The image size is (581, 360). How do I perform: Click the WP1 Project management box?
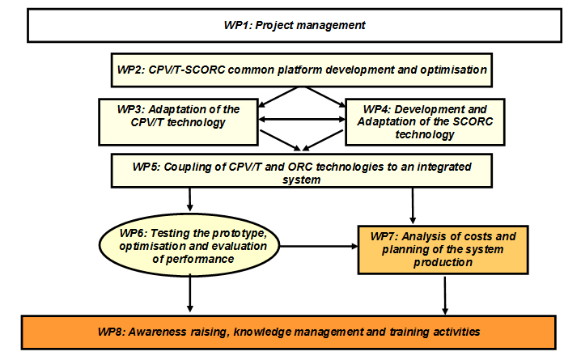[295, 26]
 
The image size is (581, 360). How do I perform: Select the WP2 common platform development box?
[302, 70]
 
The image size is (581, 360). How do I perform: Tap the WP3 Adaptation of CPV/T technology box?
[178, 122]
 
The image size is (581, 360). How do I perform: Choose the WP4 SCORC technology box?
[425, 122]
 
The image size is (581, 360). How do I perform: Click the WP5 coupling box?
[302, 171]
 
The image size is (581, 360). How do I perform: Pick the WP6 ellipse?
[189, 245]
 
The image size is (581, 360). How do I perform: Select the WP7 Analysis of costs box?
[443, 250]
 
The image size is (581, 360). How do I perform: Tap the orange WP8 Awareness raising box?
[289, 332]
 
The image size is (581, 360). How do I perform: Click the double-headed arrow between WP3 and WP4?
[302, 119]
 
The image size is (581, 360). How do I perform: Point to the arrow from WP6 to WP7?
[319, 246]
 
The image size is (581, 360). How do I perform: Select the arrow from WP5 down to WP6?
[189, 200]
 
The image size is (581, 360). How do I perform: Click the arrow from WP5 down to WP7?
[413, 206]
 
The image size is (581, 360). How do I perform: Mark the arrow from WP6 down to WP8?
[189, 293]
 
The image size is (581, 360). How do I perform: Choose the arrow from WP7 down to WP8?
[445, 295]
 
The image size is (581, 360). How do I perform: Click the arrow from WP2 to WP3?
[278, 97]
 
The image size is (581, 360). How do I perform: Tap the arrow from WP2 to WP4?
[325, 97]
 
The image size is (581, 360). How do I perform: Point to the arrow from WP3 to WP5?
[281, 141]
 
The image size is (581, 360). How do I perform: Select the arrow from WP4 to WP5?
[323, 141]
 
